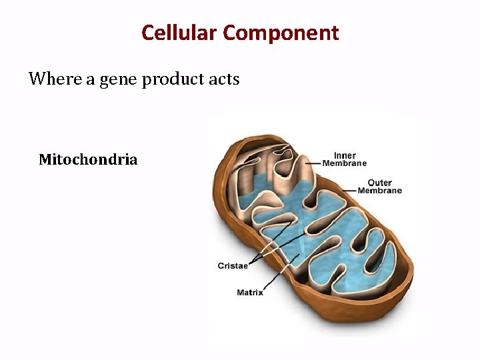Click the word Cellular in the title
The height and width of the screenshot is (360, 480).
(179, 33)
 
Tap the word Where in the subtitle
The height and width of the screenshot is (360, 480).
(50, 79)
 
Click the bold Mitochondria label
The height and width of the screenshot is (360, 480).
(88, 160)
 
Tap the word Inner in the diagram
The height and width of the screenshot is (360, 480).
(345, 156)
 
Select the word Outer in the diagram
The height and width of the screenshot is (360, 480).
(379, 183)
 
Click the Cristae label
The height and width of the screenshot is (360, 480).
(233, 266)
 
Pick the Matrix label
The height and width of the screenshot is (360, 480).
(250, 293)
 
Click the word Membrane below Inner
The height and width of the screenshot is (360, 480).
(345, 163)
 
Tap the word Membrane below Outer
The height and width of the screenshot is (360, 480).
(379, 191)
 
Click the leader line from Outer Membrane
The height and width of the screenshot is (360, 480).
(352, 190)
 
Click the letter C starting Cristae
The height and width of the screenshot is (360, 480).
(221, 266)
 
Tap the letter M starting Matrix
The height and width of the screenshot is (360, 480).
(240, 293)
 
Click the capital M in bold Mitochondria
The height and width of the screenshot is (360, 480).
(45, 160)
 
